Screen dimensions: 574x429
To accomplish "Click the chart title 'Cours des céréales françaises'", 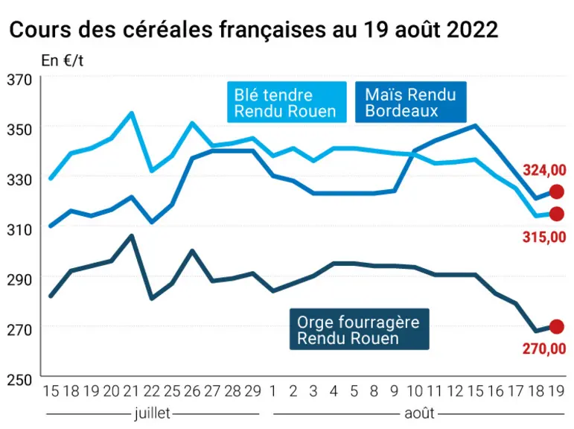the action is [x=167, y=30].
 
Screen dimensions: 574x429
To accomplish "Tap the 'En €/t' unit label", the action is [x=63, y=60].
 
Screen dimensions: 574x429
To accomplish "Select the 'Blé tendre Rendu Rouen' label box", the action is [x=287, y=102].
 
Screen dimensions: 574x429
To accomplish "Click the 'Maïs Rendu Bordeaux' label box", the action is [x=411, y=102].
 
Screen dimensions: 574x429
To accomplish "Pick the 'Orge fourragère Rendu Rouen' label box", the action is [x=359, y=329].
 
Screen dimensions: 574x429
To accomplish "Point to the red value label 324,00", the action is [x=544, y=171].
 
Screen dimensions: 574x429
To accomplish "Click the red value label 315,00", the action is [x=544, y=238].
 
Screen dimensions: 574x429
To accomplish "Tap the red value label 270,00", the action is [x=544, y=349].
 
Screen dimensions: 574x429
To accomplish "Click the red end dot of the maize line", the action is [x=557, y=191].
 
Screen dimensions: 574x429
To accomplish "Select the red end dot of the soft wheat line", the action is [x=557, y=214].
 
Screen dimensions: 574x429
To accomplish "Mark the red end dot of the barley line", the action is [x=557, y=327].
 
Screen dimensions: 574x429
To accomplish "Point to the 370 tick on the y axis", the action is [x=20, y=80].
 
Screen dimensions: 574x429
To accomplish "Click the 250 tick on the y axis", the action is [x=20, y=380].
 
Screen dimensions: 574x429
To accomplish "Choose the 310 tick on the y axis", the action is [x=20, y=229].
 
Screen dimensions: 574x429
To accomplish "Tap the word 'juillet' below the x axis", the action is [x=153, y=413].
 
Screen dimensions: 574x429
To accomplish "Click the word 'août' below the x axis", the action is [x=419, y=413].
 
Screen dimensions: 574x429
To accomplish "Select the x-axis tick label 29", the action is [x=252, y=391].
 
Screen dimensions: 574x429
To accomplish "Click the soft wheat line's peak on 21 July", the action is [x=132, y=113].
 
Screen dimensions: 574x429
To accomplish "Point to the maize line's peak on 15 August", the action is [x=475, y=126].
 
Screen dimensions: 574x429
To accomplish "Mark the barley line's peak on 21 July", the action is [x=132, y=236].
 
